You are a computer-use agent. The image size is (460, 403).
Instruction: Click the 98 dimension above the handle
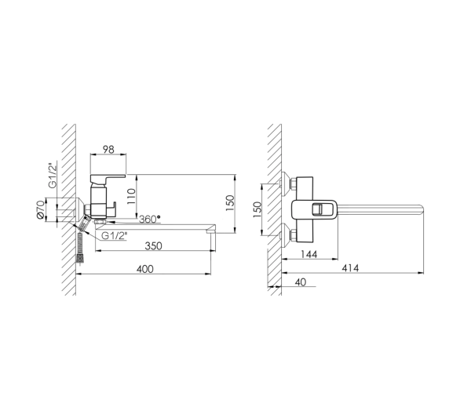108,150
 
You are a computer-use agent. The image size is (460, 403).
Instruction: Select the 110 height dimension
131,196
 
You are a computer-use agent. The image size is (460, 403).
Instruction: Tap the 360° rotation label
150,220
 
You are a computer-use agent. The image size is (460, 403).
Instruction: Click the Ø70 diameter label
41,209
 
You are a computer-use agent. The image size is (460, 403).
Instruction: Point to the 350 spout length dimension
153,245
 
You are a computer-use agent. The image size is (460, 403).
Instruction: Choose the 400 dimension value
145,269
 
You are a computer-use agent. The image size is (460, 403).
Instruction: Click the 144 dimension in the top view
309,254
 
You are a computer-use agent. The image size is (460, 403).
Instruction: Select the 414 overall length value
350,268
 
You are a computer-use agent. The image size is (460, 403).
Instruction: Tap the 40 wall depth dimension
300,282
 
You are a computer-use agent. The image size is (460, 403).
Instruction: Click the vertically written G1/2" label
53,175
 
